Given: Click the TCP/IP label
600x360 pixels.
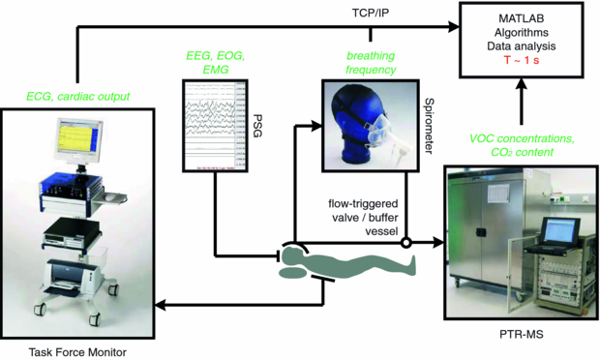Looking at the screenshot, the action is (x=371, y=13).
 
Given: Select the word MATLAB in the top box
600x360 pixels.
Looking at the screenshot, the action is (x=522, y=18).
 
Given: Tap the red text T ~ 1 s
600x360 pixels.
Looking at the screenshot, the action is (x=522, y=60).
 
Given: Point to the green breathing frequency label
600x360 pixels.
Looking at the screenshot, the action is (x=371, y=63).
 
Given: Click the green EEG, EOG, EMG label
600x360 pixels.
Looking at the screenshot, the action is (x=216, y=62).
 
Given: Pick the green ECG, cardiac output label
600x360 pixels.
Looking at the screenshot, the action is (x=78, y=97).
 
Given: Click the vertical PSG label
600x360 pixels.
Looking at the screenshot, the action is (x=258, y=125).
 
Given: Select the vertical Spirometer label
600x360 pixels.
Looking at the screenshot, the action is (x=430, y=126).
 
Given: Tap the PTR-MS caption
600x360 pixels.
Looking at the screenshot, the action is (x=522, y=334).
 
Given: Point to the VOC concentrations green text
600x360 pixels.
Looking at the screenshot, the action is (x=522, y=138).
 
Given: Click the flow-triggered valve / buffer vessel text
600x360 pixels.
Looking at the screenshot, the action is (x=363, y=218).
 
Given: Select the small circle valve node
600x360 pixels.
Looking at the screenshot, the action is (x=406, y=242).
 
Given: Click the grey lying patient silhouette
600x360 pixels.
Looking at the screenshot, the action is (x=345, y=262).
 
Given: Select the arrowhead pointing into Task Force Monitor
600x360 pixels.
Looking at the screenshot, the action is (x=160, y=305).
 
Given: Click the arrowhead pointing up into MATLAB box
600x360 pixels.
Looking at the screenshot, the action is (x=522, y=84).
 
